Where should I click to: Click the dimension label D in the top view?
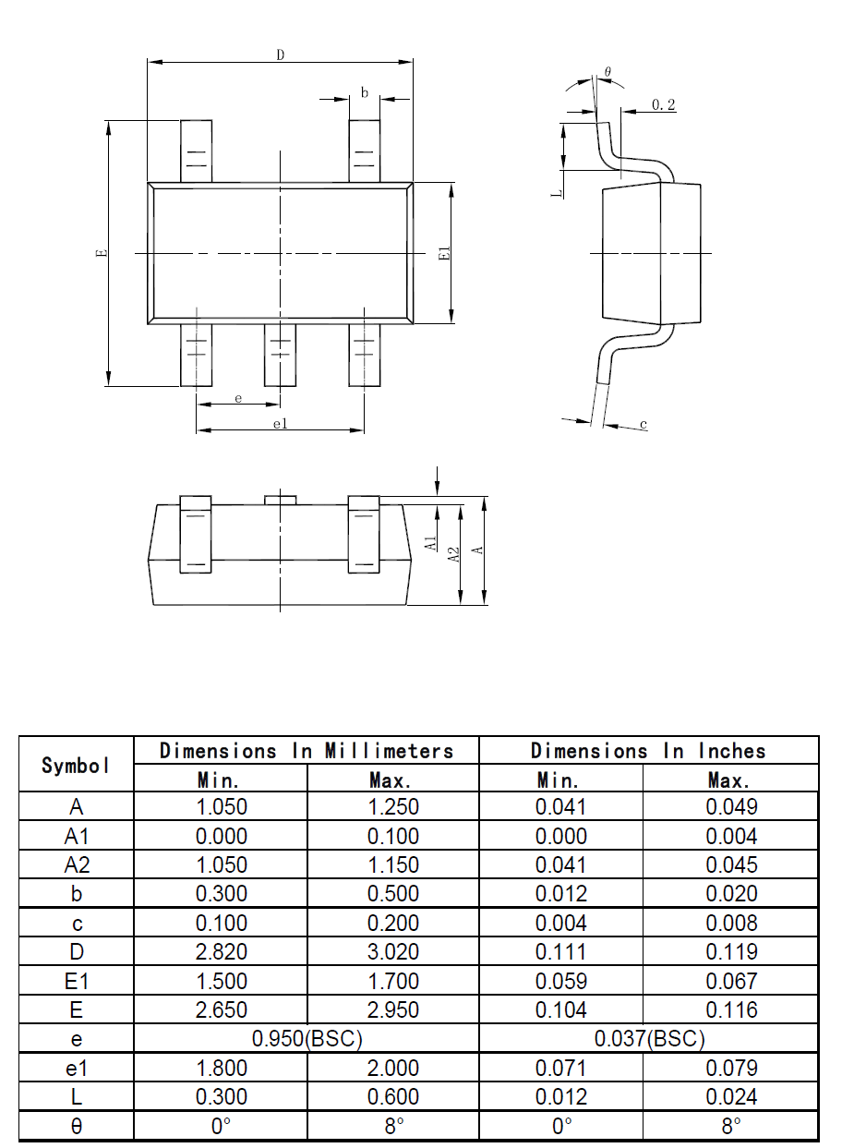pos(280,54)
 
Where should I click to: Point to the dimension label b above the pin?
pos(365,92)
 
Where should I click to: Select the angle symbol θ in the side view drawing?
pos(607,71)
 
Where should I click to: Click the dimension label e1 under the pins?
pos(280,423)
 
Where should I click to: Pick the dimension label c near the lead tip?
pos(644,424)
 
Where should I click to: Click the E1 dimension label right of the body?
pos(444,253)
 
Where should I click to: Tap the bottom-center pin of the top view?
pos(280,356)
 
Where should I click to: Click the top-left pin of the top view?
pos(196,151)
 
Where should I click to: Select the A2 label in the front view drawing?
pos(452,554)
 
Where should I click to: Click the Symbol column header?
pos(77,765)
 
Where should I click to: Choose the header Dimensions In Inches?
pos(648,750)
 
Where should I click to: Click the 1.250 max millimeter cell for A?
pos(393,806)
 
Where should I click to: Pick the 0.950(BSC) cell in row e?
pos(307,1039)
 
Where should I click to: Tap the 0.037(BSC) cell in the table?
pos(648,1039)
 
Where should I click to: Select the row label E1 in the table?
pos(77,981)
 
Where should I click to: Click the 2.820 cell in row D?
pos(222,951)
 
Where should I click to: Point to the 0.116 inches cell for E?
pos(731,1009)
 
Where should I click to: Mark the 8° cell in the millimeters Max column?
pos(393,1127)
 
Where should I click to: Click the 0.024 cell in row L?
pos(731,1096)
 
